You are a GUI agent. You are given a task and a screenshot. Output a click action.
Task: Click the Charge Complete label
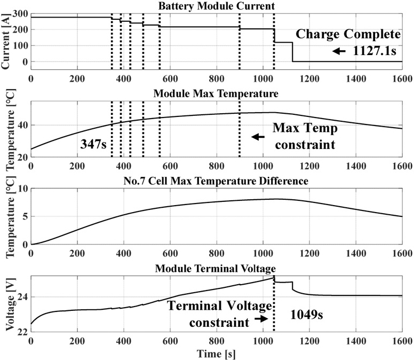[x=348, y=35]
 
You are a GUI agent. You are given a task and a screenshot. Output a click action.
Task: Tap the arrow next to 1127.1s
[x=338, y=52]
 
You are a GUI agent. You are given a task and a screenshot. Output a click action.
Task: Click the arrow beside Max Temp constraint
[x=258, y=137]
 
